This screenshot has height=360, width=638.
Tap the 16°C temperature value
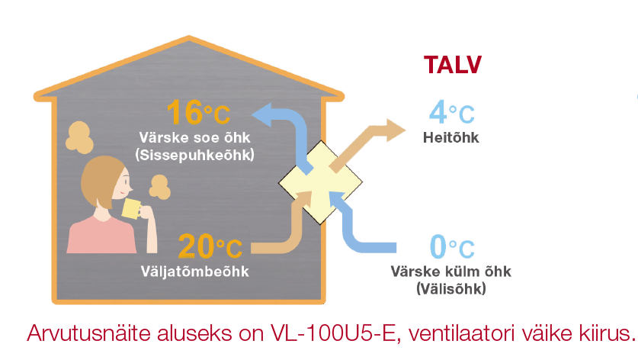[x=197, y=113]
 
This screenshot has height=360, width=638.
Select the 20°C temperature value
[x=210, y=246]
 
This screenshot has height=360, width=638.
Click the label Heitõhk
[x=450, y=137]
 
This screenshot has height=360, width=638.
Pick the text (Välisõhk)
[x=451, y=288]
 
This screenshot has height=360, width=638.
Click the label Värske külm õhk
[x=451, y=272]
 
